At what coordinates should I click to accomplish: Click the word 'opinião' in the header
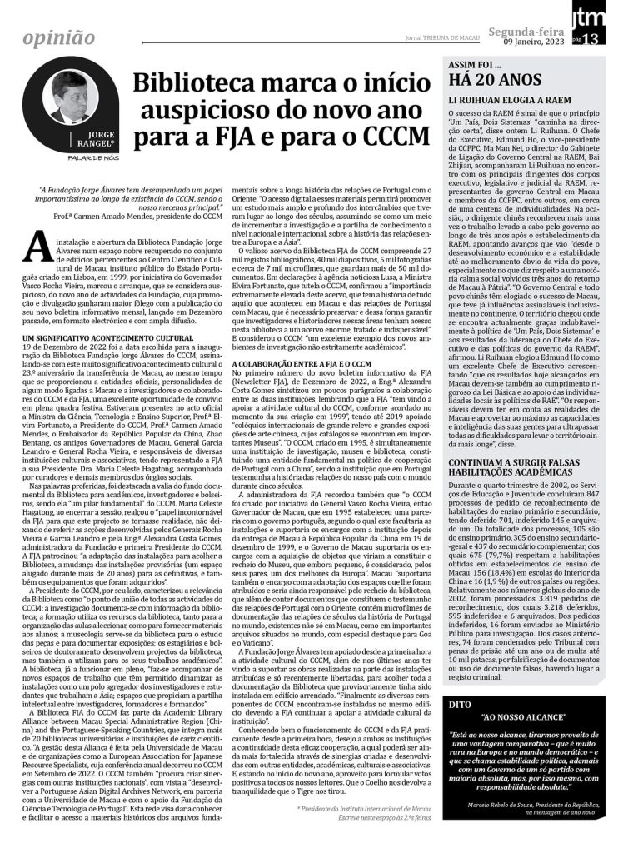point(59,37)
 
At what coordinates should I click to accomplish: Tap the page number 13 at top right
point(612,38)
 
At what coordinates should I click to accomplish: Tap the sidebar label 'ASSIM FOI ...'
point(476,64)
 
